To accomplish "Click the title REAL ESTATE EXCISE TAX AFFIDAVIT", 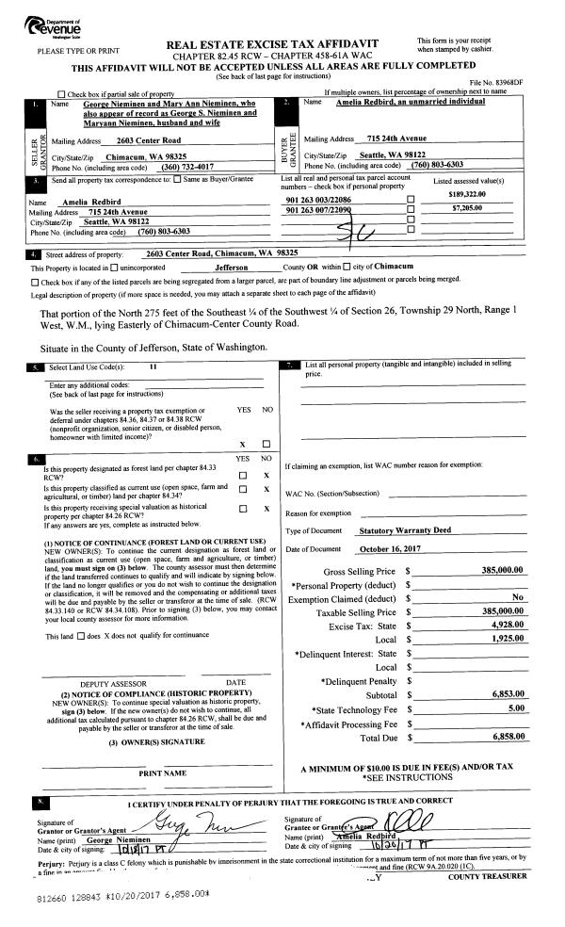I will (284, 45).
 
